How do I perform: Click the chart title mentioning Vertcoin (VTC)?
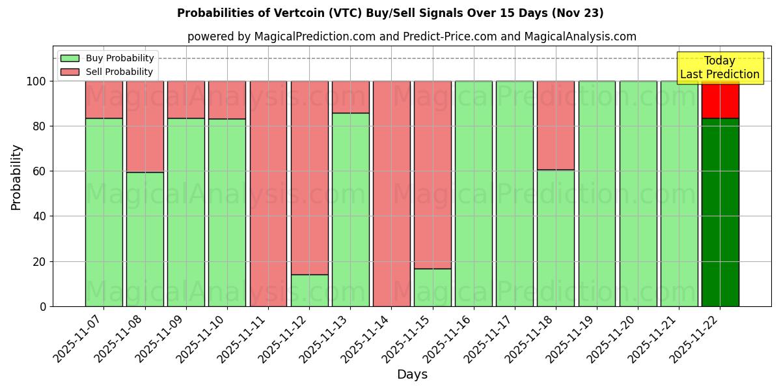pos(390,13)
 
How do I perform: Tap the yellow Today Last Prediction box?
pos(719,68)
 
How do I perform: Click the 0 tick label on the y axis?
pos(43,306)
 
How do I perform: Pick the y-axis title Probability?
pos(16,177)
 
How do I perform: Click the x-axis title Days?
pos(412,375)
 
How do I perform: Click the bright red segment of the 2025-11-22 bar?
pos(720,99)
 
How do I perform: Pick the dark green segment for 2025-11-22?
pos(720,212)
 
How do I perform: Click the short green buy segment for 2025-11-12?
pos(309,291)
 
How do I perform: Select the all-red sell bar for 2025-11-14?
pos(391,194)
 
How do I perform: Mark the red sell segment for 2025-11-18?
pos(555,125)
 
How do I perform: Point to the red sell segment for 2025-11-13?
pos(350,97)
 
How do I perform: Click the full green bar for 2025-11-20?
pos(638,194)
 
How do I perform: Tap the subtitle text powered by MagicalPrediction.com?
pos(411,36)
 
